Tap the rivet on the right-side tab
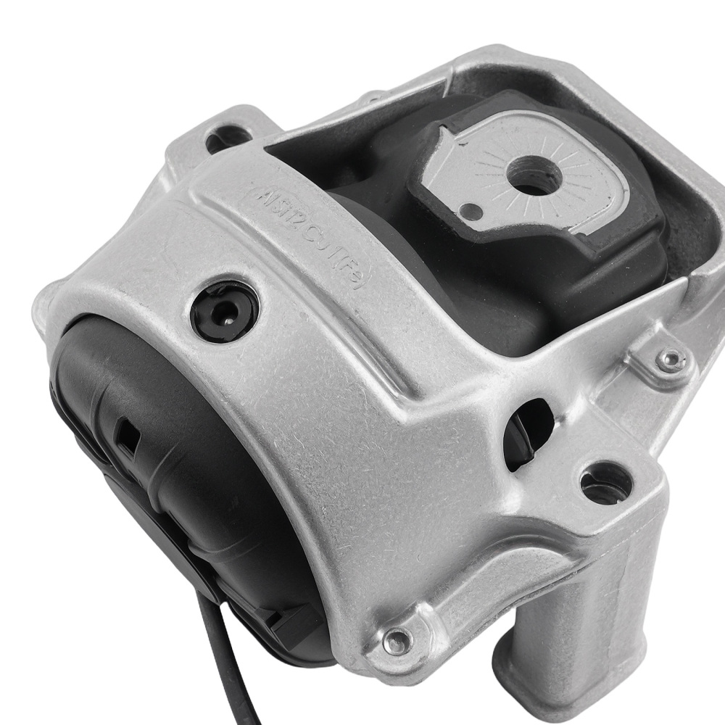tap(671, 357)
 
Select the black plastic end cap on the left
tap(145, 464)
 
